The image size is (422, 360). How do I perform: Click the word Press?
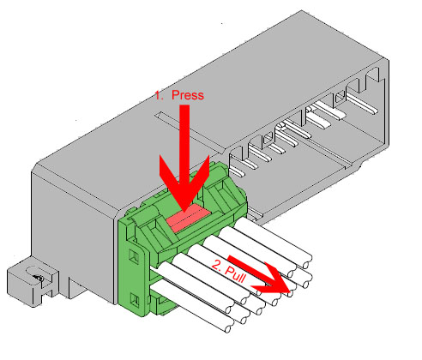[x=188, y=95]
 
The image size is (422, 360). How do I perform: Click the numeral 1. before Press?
[x=160, y=95]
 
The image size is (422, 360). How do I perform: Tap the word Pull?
[x=235, y=275]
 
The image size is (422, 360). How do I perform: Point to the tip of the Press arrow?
[x=184, y=212]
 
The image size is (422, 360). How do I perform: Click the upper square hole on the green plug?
[x=134, y=255]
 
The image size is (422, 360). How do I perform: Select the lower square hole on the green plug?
[x=134, y=299]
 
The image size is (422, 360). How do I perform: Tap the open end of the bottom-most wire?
[x=228, y=329]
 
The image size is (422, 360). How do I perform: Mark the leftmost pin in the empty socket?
[x=237, y=171]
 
